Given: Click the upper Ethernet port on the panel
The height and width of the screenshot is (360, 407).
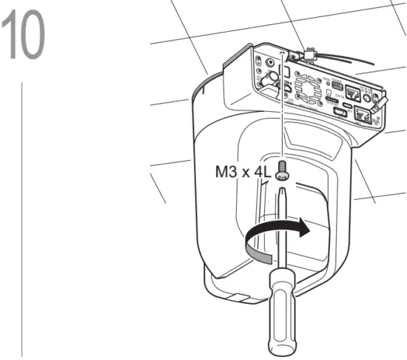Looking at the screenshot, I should pyautogui.click(x=357, y=92).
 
